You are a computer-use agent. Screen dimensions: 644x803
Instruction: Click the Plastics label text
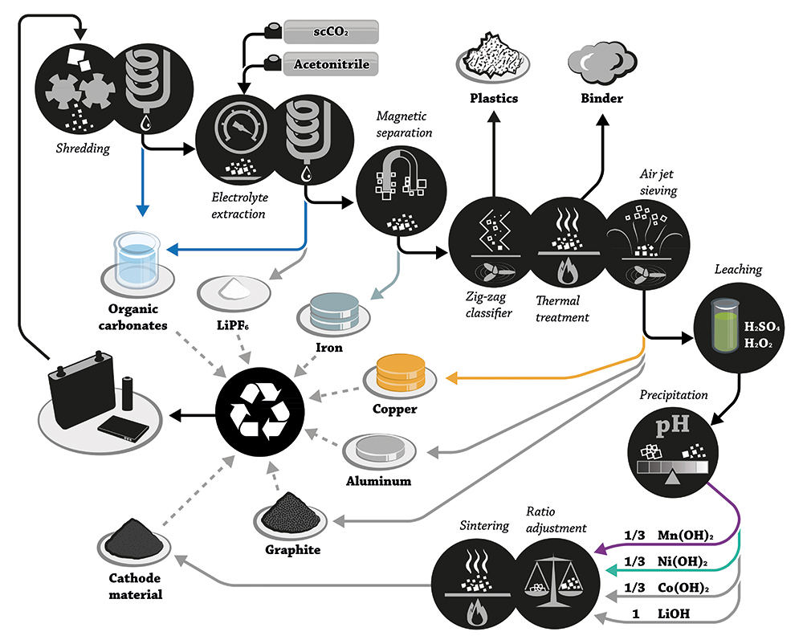(x=494, y=99)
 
